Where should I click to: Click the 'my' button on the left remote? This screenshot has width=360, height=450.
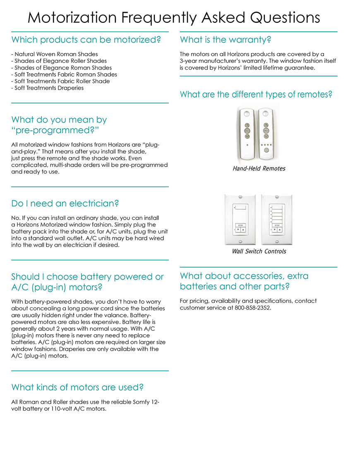point(247,130)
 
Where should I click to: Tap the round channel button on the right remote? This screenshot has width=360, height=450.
point(266,151)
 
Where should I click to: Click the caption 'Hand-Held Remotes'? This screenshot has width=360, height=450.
point(259,169)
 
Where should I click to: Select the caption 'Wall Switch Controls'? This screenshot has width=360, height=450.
point(259,251)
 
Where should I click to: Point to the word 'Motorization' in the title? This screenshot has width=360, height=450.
point(66,18)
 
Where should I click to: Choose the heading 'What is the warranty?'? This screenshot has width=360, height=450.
point(226,40)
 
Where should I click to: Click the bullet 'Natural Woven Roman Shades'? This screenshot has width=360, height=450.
point(55,54)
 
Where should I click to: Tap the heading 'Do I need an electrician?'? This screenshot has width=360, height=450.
point(65,203)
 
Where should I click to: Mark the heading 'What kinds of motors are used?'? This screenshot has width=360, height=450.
point(77,388)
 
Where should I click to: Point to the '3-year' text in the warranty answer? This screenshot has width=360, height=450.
point(189,61)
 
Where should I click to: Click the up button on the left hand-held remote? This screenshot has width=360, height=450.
point(247,124)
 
